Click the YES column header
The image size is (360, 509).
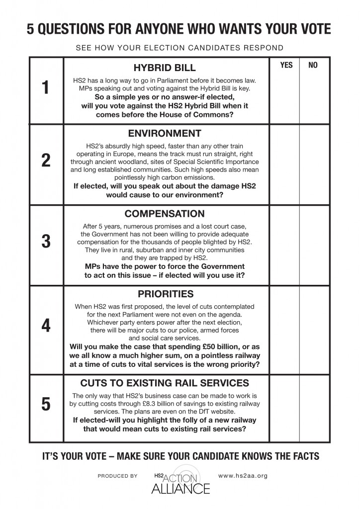(286, 65)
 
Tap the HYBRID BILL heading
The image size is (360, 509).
(165, 68)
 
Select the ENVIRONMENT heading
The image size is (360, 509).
(165, 133)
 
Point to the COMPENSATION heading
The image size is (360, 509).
(165, 214)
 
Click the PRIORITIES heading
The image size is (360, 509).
(166, 293)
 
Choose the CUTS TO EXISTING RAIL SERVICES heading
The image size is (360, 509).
(166, 383)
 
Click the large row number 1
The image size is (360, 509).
(46, 87)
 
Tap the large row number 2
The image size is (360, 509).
(46, 162)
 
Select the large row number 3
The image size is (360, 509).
(46, 242)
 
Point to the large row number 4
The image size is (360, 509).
(46, 326)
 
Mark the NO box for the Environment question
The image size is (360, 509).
(314, 164)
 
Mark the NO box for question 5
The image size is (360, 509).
(314, 408)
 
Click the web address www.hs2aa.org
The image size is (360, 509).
(243, 476)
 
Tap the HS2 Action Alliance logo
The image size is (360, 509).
(180, 481)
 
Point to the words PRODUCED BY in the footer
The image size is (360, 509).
(117, 476)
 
